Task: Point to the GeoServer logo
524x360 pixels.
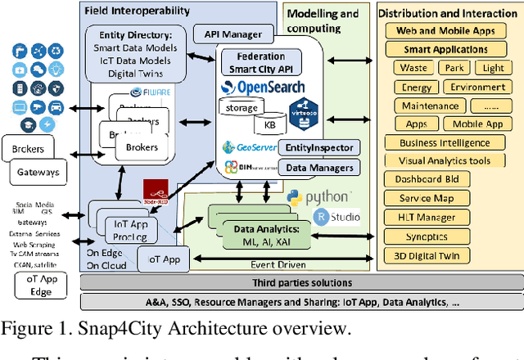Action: pos(251,147)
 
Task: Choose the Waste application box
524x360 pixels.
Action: pos(409,68)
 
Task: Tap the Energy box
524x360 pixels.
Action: pos(413,87)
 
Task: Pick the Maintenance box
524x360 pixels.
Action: pos(429,106)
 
